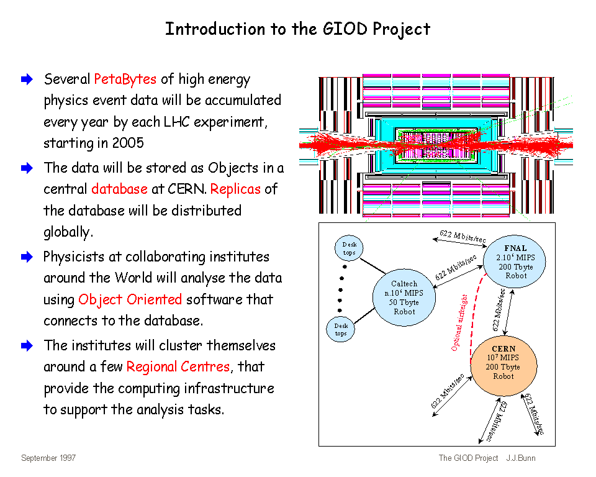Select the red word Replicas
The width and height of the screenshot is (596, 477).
[235, 189]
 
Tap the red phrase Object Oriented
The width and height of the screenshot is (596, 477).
[130, 299]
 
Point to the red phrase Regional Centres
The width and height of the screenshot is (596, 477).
[178, 366]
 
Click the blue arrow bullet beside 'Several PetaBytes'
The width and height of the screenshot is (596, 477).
[26, 79]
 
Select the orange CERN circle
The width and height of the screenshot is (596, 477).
[503, 366]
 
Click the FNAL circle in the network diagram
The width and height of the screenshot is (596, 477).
[515, 261]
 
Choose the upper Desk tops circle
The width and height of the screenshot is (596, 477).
[349, 248]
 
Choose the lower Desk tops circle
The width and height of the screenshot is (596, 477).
[341, 329]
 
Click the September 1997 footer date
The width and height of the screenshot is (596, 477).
[48, 458]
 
